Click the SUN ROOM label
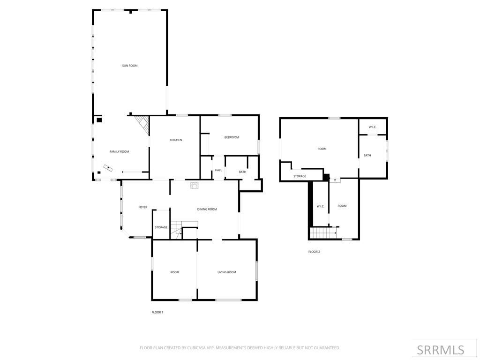(x=130, y=66)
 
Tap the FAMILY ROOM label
(x=119, y=151)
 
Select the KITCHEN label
(x=176, y=140)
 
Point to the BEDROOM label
(x=231, y=137)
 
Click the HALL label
(x=218, y=170)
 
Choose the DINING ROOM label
(x=207, y=209)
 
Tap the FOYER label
(x=142, y=207)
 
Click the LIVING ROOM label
(x=226, y=272)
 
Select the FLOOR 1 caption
(x=157, y=312)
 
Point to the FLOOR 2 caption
(x=314, y=252)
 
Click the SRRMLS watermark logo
(x=441, y=350)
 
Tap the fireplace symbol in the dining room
(x=195, y=185)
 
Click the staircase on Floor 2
(x=323, y=232)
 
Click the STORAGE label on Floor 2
(x=300, y=176)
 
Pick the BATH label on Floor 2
(x=367, y=155)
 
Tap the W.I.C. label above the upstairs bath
(x=373, y=127)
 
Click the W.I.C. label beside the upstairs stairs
(x=320, y=206)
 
